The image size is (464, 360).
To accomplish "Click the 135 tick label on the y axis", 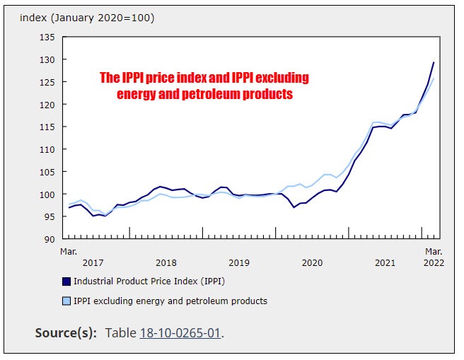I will tap(47, 37).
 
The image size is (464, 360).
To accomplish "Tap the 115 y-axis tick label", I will tap(47, 127).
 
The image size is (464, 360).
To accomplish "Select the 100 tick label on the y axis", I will tap(47, 194).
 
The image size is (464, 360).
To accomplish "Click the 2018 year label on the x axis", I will tap(166, 262).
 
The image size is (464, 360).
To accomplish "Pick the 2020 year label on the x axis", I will tap(312, 262).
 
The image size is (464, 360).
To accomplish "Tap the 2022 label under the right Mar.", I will tap(433, 262).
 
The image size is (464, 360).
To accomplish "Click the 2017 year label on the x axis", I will tap(93, 262).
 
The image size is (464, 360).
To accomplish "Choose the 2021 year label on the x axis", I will tap(385, 262).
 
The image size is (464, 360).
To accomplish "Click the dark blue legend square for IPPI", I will tap(66, 281).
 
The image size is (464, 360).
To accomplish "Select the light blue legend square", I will tap(66, 301).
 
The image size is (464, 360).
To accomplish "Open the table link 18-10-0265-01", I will tap(180, 333).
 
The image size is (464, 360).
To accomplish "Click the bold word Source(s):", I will tap(66, 333).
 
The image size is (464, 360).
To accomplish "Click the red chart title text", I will tap(204, 86).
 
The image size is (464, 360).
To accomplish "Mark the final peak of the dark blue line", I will tap(434, 62).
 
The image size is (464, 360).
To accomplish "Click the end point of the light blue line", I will tap(434, 79).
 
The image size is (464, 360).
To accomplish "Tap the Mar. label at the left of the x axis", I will tap(69, 251).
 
